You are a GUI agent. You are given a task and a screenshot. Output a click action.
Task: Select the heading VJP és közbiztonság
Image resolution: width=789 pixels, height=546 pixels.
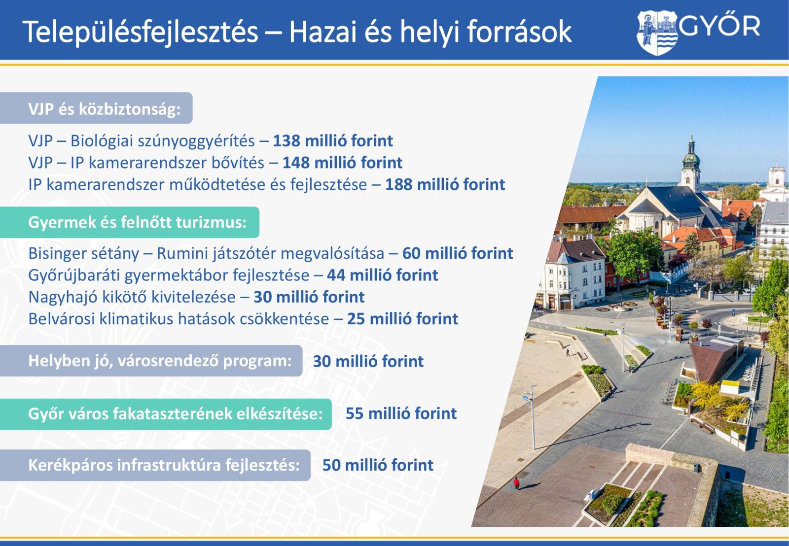click(x=104, y=109)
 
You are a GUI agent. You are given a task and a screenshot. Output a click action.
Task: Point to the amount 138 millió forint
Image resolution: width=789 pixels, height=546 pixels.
click(x=333, y=141)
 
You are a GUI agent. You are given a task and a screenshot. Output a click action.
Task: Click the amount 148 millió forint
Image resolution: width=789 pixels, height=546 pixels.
click(x=342, y=163)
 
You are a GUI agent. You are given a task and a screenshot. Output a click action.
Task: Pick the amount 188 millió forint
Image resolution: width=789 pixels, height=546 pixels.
click(x=445, y=184)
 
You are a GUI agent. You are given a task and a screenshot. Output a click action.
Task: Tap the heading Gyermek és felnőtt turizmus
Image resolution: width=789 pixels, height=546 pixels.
click(x=138, y=222)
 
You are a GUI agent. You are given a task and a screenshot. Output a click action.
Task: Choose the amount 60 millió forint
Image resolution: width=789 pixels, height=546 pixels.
click(x=458, y=253)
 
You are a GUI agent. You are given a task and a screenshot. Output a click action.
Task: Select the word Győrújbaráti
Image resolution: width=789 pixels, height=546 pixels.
click(x=74, y=275)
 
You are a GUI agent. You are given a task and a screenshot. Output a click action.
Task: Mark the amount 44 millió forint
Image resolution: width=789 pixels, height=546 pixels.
click(x=383, y=275)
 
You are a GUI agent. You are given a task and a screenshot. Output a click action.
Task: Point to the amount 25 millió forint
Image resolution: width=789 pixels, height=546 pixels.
click(x=402, y=319)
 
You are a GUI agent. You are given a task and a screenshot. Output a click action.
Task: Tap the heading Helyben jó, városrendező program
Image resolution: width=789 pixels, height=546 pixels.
click(x=160, y=361)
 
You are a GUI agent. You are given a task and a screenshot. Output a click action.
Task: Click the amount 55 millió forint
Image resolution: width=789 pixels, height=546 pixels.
click(x=401, y=413)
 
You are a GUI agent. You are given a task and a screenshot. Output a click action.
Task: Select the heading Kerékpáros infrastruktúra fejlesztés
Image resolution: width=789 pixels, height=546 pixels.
click(x=164, y=465)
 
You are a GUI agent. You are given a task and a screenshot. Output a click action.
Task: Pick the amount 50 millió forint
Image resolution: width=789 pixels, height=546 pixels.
click(x=378, y=465)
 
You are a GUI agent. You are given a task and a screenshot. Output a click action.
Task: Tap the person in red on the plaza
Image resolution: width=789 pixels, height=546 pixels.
click(x=516, y=483)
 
